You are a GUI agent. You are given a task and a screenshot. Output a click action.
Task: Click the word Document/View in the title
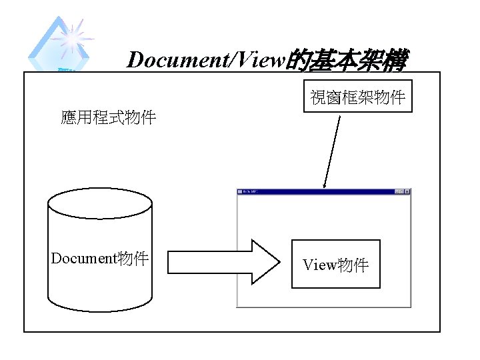[x=206, y=61]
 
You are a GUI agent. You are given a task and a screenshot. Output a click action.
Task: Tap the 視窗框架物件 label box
[x=358, y=97]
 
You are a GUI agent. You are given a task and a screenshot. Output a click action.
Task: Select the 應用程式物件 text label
[x=108, y=118]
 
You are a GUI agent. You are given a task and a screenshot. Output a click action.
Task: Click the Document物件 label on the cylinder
[x=100, y=259]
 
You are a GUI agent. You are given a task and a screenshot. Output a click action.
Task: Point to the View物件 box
[x=336, y=264]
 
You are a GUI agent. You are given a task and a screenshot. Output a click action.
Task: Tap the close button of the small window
[x=407, y=192]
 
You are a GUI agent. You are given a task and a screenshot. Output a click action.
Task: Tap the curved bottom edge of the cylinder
[x=100, y=309]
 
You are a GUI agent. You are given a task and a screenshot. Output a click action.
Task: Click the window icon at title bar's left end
[x=241, y=192]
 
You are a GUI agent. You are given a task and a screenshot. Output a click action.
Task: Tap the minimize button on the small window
[x=397, y=192]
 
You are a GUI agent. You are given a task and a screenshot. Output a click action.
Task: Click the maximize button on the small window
[x=402, y=192]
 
